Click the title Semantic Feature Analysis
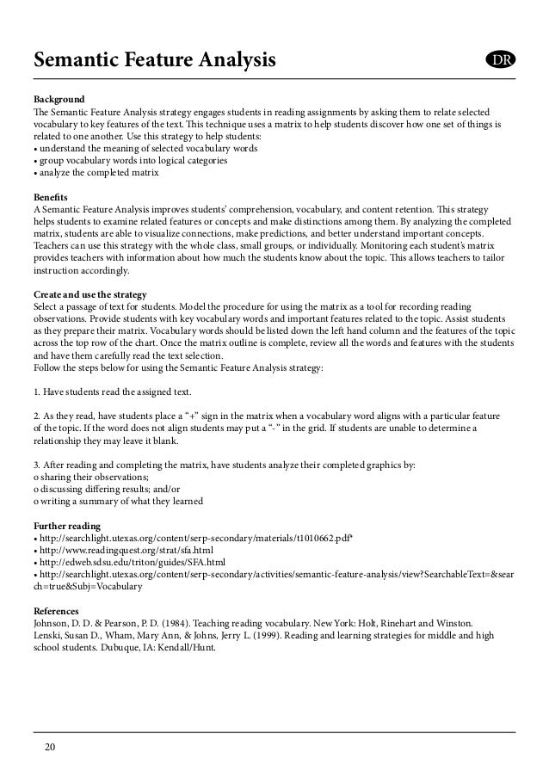click(155, 61)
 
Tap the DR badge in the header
click(499, 60)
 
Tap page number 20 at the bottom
click(51, 747)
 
